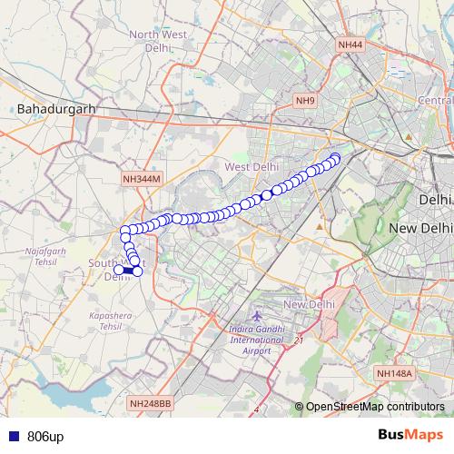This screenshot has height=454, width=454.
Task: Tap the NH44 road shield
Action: coord(349,44)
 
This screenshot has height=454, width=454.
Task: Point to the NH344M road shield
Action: coord(141,179)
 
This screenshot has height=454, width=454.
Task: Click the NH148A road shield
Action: coord(393,372)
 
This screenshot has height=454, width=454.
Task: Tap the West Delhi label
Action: coord(252,167)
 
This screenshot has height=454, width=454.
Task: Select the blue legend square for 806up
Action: coord(10,437)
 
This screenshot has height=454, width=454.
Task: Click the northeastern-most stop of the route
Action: coord(335,159)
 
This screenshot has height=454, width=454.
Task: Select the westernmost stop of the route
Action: coord(118,270)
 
